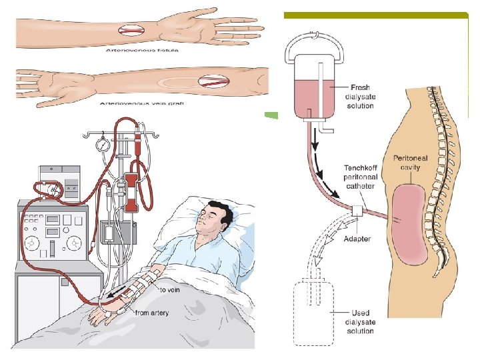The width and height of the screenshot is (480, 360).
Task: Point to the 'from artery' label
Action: click(x=152, y=313)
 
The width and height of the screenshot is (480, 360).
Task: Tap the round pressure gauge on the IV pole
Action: click(x=103, y=145)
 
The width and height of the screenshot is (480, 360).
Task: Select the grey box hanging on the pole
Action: click(x=108, y=233)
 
